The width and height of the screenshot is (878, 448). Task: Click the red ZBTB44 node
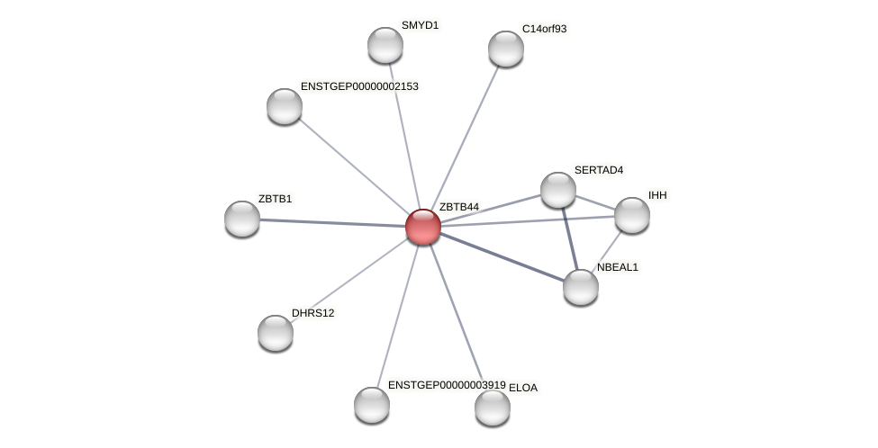[x=422, y=227]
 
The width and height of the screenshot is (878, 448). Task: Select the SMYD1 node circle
[x=385, y=45]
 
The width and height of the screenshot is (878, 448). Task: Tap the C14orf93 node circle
[x=506, y=49]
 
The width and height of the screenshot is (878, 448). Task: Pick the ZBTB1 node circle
[x=242, y=219]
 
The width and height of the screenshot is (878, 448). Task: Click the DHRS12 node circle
[x=276, y=333]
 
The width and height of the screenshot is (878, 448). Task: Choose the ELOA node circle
[x=493, y=408]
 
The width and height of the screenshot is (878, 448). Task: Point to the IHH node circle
[x=632, y=215]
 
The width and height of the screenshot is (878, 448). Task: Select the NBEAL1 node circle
[x=581, y=287]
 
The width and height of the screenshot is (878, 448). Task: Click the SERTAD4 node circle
[x=558, y=190]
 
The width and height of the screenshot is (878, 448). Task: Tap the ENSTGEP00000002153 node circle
[x=285, y=106]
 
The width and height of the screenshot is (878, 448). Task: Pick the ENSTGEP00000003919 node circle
[x=372, y=405]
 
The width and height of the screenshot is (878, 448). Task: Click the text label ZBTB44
[x=459, y=207]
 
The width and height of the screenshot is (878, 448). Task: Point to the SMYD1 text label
[x=420, y=25]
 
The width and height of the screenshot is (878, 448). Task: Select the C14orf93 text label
[x=544, y=29]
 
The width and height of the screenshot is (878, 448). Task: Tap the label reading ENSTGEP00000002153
[x=359, y=86]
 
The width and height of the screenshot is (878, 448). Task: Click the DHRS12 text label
[x=312, y=313]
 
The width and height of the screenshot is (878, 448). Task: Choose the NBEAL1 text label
[x=617, y=267]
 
